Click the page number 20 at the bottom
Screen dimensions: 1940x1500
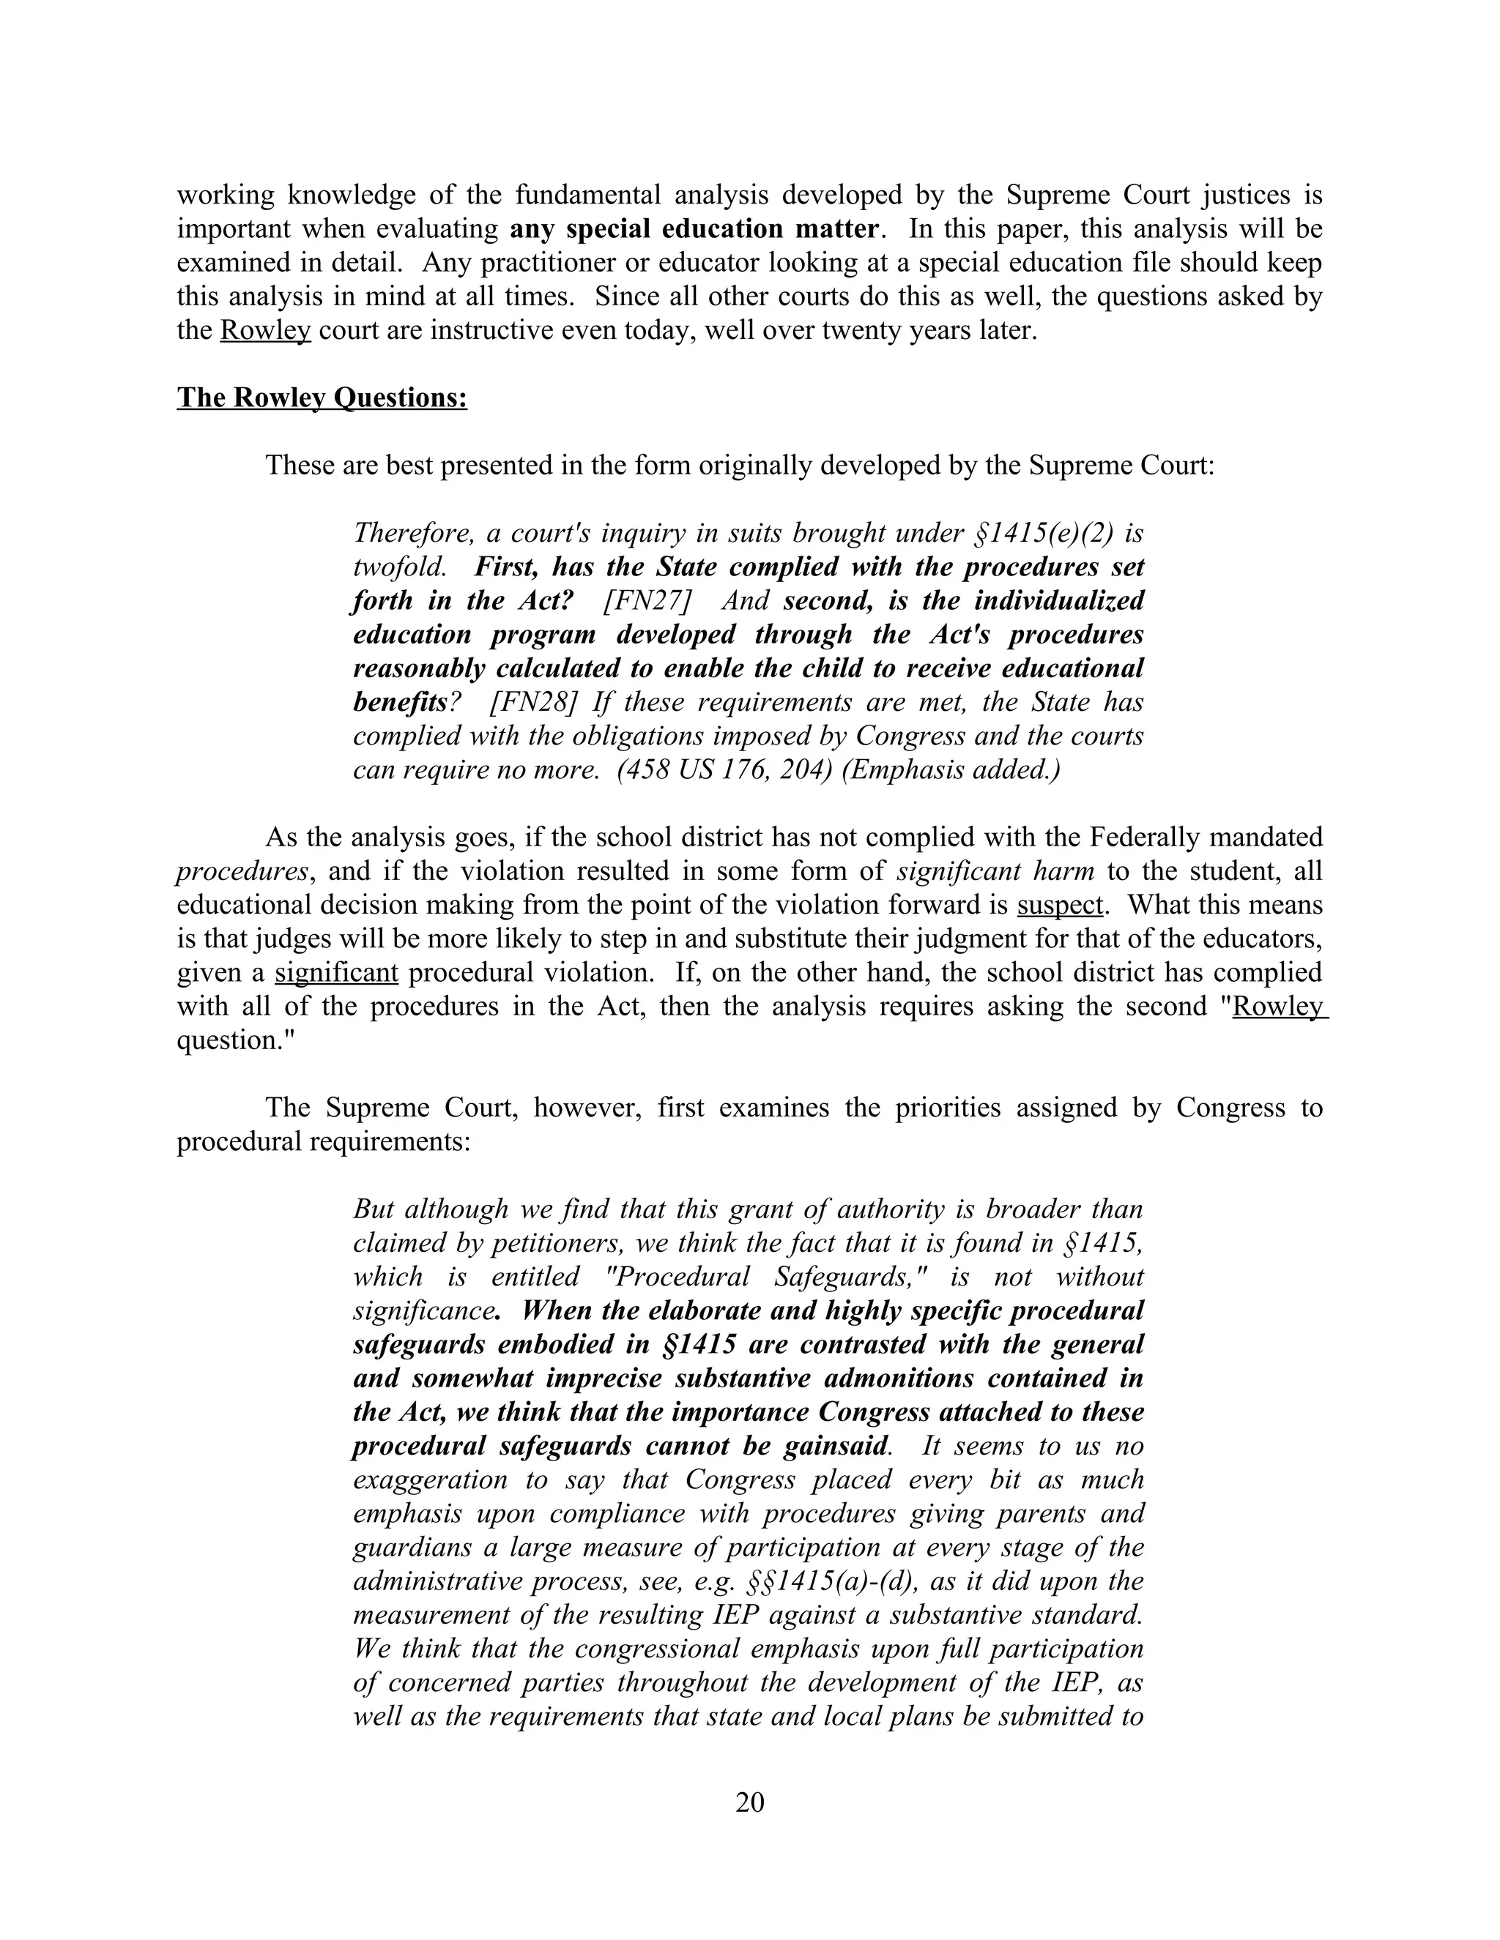[x=749, y=1802]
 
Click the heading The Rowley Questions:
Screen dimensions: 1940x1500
[x=322, y=397]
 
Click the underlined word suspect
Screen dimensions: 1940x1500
[x=1059, y=904]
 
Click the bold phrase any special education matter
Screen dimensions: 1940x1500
[x=694, y=228]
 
